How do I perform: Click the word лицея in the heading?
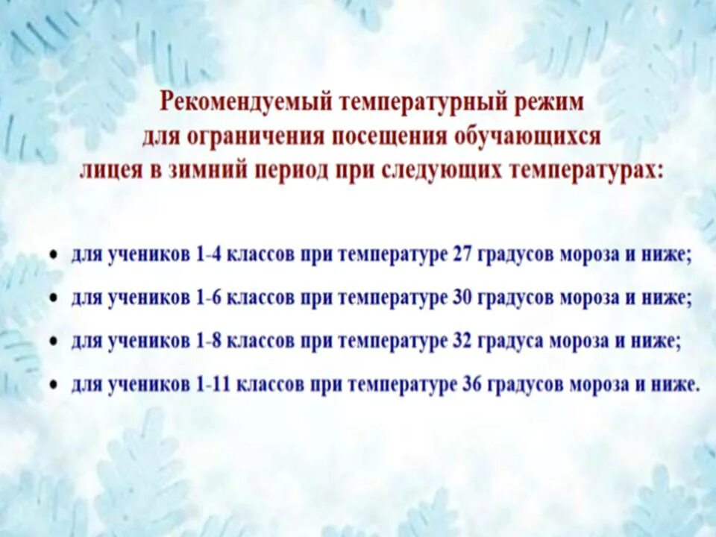pos(107,171)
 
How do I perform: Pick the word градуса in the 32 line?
pos(509,342)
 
